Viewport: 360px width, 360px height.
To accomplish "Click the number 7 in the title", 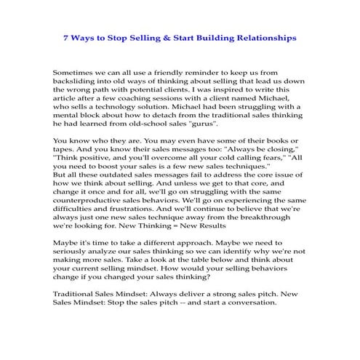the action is (65, 36).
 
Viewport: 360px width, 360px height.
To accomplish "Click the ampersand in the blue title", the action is (160, 36).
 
